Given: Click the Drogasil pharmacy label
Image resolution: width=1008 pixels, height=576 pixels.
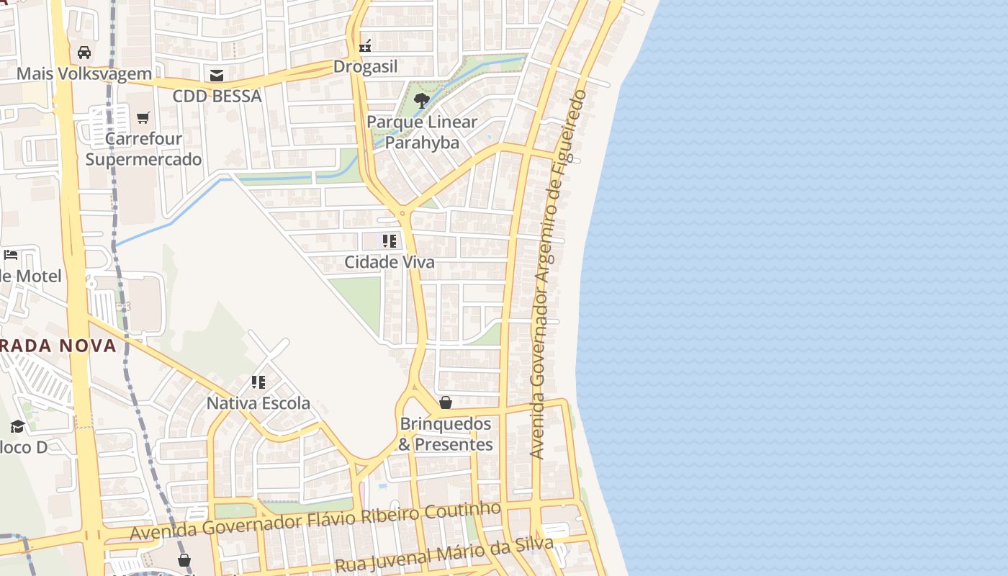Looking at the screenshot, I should [365, 67].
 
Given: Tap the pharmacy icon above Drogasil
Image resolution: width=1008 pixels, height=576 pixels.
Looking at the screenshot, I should [365, 46].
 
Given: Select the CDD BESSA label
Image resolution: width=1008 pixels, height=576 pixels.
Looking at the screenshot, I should [217, 96].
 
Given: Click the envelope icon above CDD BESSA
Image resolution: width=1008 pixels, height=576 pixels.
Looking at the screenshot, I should [216, 75].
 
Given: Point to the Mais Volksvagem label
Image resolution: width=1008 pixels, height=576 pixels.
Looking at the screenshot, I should [84, 73].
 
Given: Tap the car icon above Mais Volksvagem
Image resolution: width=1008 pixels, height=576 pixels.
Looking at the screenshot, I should [84, 53].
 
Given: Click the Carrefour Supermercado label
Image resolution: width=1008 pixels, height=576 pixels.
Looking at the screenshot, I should [143, 148].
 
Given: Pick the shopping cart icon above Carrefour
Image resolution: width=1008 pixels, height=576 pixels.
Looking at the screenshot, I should [143, 117].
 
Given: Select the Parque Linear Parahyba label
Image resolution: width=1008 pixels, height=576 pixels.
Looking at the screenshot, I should [422, 132].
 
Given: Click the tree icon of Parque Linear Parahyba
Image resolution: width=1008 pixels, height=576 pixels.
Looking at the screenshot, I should [422, 100].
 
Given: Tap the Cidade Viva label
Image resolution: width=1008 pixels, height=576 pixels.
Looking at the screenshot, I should [390, 262].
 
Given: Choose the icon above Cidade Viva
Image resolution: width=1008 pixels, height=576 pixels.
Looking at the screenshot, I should [390, 240].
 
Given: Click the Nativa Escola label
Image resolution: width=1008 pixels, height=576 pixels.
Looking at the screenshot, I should [258, 403].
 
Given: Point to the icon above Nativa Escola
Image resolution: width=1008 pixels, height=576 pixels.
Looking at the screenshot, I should [258, 382].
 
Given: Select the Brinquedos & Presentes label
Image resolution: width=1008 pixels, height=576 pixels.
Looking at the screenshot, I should [446, 434].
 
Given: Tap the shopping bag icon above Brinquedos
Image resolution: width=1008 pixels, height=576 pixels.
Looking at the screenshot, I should [446, 402].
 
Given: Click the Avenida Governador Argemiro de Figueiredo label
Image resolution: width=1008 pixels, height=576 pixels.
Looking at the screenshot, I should [558, 274].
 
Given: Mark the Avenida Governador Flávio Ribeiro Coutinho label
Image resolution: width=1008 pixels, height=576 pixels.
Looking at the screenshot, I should [315, 521].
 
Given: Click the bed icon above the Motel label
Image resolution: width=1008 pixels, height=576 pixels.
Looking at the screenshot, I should [11, 255].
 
